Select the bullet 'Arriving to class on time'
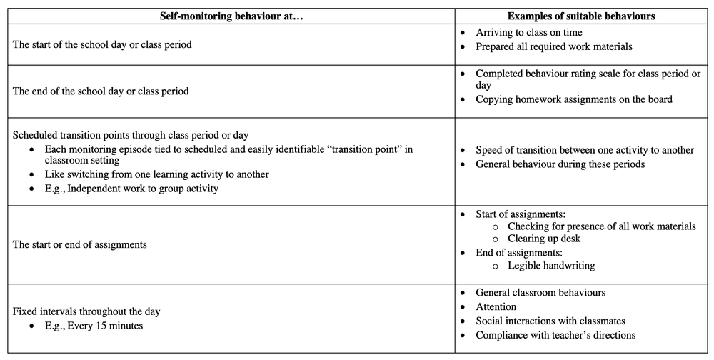point(528,33)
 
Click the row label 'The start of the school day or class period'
point(103,44)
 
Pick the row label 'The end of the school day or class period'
point(101,91)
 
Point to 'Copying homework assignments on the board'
point(573,99)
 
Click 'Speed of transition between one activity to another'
point(584,150)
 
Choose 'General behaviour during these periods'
point(561,164)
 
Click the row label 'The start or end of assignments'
point(80,244)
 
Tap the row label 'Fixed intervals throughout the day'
point(86,311)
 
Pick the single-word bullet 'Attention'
point(496,306)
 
